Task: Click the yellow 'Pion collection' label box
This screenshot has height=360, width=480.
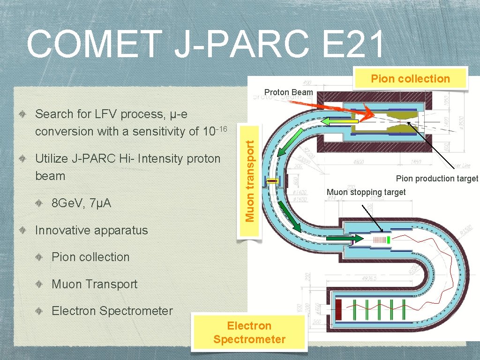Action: click(x=410, y=79)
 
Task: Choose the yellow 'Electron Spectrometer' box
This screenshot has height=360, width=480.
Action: click(x=249, y=332)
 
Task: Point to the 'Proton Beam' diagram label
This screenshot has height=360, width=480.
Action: click(x=288, y=92)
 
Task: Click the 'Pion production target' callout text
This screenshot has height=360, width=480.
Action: click(x=437, y=179)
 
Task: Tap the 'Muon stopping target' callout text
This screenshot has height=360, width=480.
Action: click(x=366, y=192)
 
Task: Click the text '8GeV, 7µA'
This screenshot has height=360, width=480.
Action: click(x=81, y=203)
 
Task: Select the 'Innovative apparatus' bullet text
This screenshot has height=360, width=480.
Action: click(x=91, y=230)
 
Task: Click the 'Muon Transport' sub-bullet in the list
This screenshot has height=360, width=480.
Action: click(x=94, y=284)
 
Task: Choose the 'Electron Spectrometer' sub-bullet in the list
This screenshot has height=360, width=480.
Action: click(x=112, y=311)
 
